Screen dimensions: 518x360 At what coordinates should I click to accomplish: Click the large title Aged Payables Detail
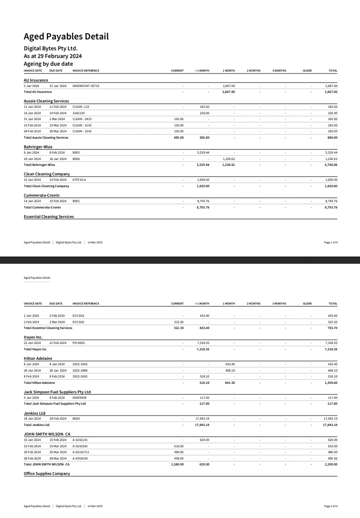coord(66,37)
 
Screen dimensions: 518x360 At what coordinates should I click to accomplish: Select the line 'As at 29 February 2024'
coord(53,56)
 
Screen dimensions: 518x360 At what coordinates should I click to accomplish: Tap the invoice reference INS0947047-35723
coord(86,86)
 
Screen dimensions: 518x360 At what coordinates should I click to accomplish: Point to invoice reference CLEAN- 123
coord(81,107)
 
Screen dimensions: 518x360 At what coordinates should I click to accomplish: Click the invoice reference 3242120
coord(78,113)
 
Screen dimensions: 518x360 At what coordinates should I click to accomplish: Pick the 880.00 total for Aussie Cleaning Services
coord(332,137)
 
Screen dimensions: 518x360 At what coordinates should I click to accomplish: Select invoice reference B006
coord(76,159)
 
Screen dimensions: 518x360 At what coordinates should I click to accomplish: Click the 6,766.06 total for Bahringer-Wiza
coord(331,165)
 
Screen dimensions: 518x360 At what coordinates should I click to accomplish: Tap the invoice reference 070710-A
coord(79,180)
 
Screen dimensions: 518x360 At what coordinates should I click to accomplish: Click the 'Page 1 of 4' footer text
coord(331,242)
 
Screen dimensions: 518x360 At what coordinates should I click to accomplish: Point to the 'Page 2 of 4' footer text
coord(331,506)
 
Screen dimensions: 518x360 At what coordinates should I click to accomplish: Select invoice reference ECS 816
coord(78,315)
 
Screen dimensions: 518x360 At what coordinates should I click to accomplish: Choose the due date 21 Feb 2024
coord(58,343)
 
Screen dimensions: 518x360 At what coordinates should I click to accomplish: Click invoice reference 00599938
coord(79,397)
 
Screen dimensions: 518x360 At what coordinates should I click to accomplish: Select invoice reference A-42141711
coord(81,452)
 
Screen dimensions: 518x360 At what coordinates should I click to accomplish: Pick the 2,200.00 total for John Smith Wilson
coord(331,464)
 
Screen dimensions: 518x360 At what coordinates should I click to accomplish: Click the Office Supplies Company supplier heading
coord(47,474)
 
